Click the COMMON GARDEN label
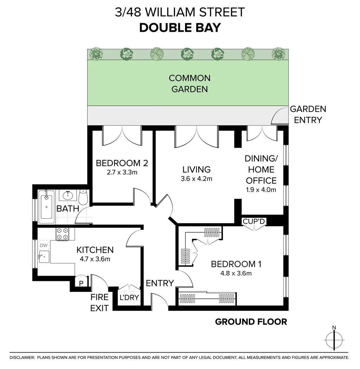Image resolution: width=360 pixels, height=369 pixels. [x=189, y=84]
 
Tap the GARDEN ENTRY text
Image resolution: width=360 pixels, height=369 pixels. [x=308, y=114]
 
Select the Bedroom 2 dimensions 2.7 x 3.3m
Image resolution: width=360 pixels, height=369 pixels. [x=122, y=172]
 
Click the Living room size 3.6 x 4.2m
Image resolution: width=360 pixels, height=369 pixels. [x=196, y=178]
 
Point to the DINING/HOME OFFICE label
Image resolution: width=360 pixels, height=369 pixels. [x=261, y=169]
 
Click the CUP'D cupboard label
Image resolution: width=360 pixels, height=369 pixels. [x=254, y=221]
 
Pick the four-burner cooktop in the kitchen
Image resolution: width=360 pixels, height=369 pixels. [x=62, y=234]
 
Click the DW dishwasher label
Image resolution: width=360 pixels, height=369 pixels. [x=44, y=245]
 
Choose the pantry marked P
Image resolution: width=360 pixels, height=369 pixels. [x=81, y=283]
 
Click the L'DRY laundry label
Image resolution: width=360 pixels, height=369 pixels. [x=129, y=297]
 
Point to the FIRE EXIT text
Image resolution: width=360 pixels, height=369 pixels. [x=99, y=302]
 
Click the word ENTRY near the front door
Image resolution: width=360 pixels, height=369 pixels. [x=160, y=283]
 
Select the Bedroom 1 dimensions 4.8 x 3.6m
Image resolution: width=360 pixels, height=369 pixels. [x=236, y=273]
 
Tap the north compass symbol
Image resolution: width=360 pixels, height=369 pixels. [x=334, y=339]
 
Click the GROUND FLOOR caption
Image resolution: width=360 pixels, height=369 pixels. [x=251, y=322]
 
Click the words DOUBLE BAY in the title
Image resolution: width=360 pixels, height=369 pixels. [x=180, y=28]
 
